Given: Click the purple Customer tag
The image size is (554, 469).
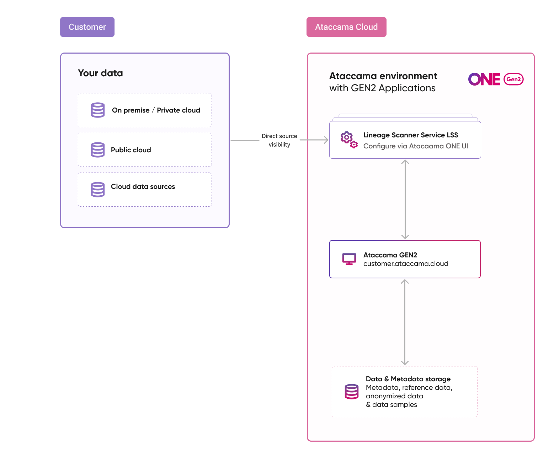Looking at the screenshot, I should tap(87, 27).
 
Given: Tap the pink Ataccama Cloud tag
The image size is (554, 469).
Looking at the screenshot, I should tap(346, 27).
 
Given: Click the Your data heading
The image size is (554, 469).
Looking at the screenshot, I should tap(100, 73).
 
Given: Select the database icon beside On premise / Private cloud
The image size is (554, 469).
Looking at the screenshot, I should tap(98, 110).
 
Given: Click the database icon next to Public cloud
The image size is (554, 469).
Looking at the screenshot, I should tap(98, 150).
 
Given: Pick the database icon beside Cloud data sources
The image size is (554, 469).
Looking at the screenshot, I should tap(98, 190).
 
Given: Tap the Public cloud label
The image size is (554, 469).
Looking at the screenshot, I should tap(131, 150).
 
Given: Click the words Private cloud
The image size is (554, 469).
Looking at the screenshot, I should tap(179, 110).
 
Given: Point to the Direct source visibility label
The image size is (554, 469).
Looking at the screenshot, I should tap(279, 140).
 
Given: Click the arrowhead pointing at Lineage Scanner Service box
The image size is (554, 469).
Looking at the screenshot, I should tap(325, 140).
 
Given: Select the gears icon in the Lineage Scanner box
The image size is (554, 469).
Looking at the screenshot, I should tap(348, 140).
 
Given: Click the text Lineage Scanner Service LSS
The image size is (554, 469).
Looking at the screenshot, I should tap(411, 135).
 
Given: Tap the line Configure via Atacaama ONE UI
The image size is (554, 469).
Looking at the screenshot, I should tap(415, 146).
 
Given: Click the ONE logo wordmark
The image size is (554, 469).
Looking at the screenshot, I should tap(484, 79).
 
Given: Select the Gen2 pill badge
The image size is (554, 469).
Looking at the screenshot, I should tap(513, 79).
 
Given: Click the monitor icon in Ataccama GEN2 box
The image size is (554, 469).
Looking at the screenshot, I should tap(349, 259).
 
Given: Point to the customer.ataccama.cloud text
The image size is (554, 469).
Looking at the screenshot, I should tap(406, 264).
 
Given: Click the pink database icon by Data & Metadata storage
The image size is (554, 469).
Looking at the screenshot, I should tap(351, 392).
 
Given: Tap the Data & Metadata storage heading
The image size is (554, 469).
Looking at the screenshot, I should tap(408, 379).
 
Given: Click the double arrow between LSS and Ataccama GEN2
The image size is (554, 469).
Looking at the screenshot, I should tap(405, 199).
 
